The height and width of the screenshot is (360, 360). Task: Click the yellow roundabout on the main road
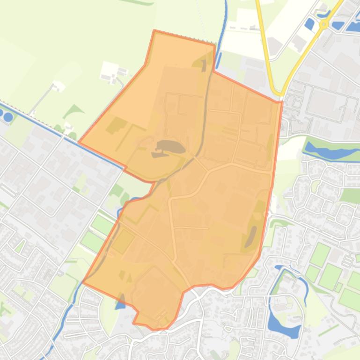(323, 24)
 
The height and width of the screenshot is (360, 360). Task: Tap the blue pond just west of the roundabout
(309, 23)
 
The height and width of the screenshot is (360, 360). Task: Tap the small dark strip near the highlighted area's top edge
(204, 66)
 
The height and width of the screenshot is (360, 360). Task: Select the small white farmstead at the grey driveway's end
(59, 86)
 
